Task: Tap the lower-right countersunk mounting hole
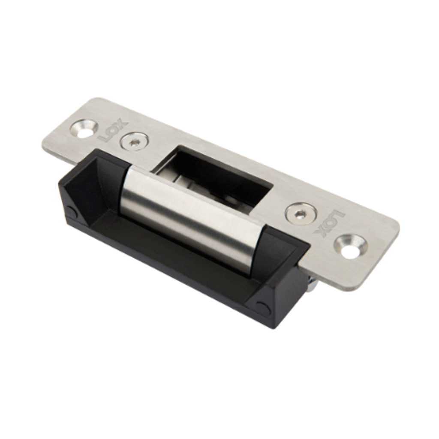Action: (351, 247)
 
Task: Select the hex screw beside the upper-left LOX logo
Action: (134, 141)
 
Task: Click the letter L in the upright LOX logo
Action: (104, 137)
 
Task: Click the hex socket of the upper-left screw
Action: (134, 142)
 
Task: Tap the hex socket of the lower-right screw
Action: (301, 213)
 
